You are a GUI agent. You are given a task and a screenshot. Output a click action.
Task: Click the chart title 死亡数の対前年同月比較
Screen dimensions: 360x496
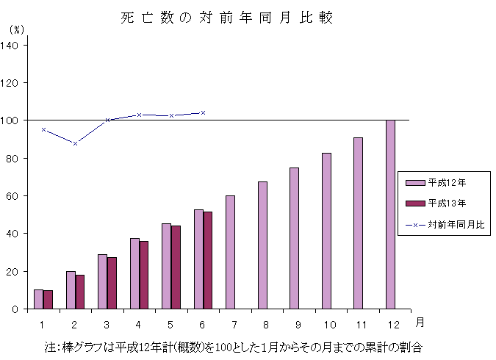click(227, 18)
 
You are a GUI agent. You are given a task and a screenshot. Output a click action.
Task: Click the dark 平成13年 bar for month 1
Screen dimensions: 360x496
click(48, 300)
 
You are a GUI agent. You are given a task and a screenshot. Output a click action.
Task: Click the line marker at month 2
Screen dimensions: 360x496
click(75, 143)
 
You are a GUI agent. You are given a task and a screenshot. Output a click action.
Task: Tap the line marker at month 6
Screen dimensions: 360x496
click(203, 112)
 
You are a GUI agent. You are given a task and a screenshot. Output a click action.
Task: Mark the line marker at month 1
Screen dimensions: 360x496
click(43, 129)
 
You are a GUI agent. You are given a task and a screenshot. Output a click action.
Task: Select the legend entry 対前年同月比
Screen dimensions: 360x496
click(445, 223)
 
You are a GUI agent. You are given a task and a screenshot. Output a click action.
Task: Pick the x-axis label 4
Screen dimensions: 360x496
click(139, 324)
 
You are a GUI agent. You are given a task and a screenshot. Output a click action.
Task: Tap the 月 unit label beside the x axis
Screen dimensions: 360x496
click(419, 322)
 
